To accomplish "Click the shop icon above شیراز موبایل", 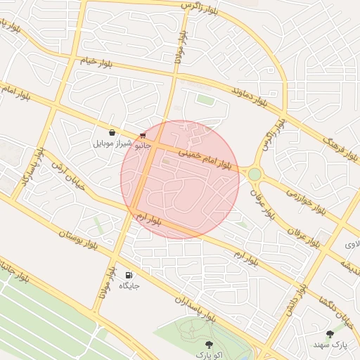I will (112, 132).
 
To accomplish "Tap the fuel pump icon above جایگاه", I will (128, 275).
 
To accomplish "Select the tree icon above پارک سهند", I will (330, 334).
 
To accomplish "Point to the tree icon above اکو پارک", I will (208, 345).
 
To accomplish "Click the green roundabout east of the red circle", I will (255, 174).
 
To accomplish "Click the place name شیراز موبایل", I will (112, 143).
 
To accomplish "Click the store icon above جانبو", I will (143, 135).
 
